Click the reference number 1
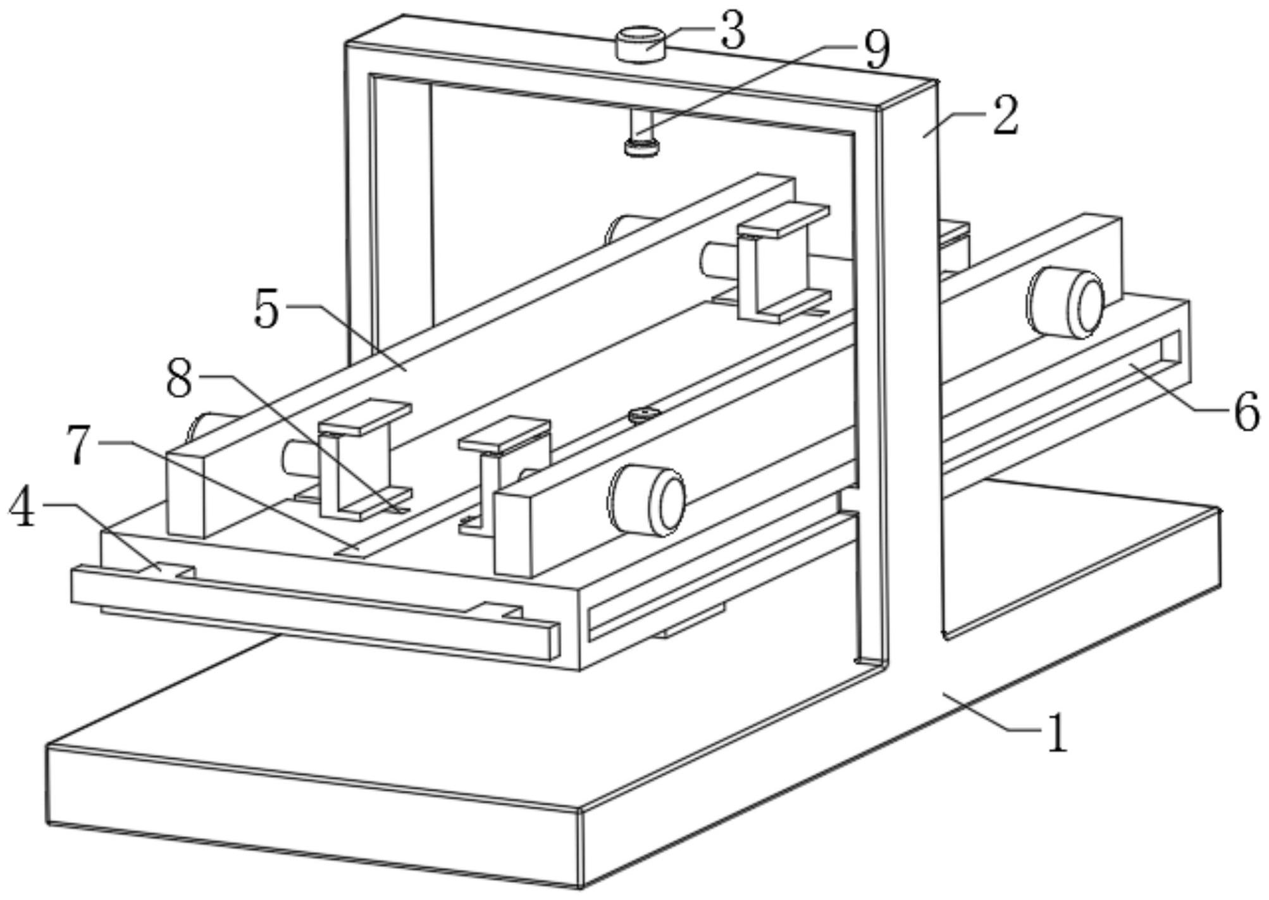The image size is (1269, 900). click(x=1056, y=734)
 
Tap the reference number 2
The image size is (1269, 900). click(x=1005, y=116)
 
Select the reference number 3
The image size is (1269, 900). click(x=733, y=32)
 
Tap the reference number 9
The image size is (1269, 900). click(x=877, y=50)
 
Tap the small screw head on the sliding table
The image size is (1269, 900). click(x=644, y=415)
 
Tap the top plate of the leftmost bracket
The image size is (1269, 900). click(x=364, y=416)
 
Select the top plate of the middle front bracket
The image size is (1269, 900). click(x=504, y=434)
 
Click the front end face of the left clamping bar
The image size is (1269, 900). click(x=185, y=494)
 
